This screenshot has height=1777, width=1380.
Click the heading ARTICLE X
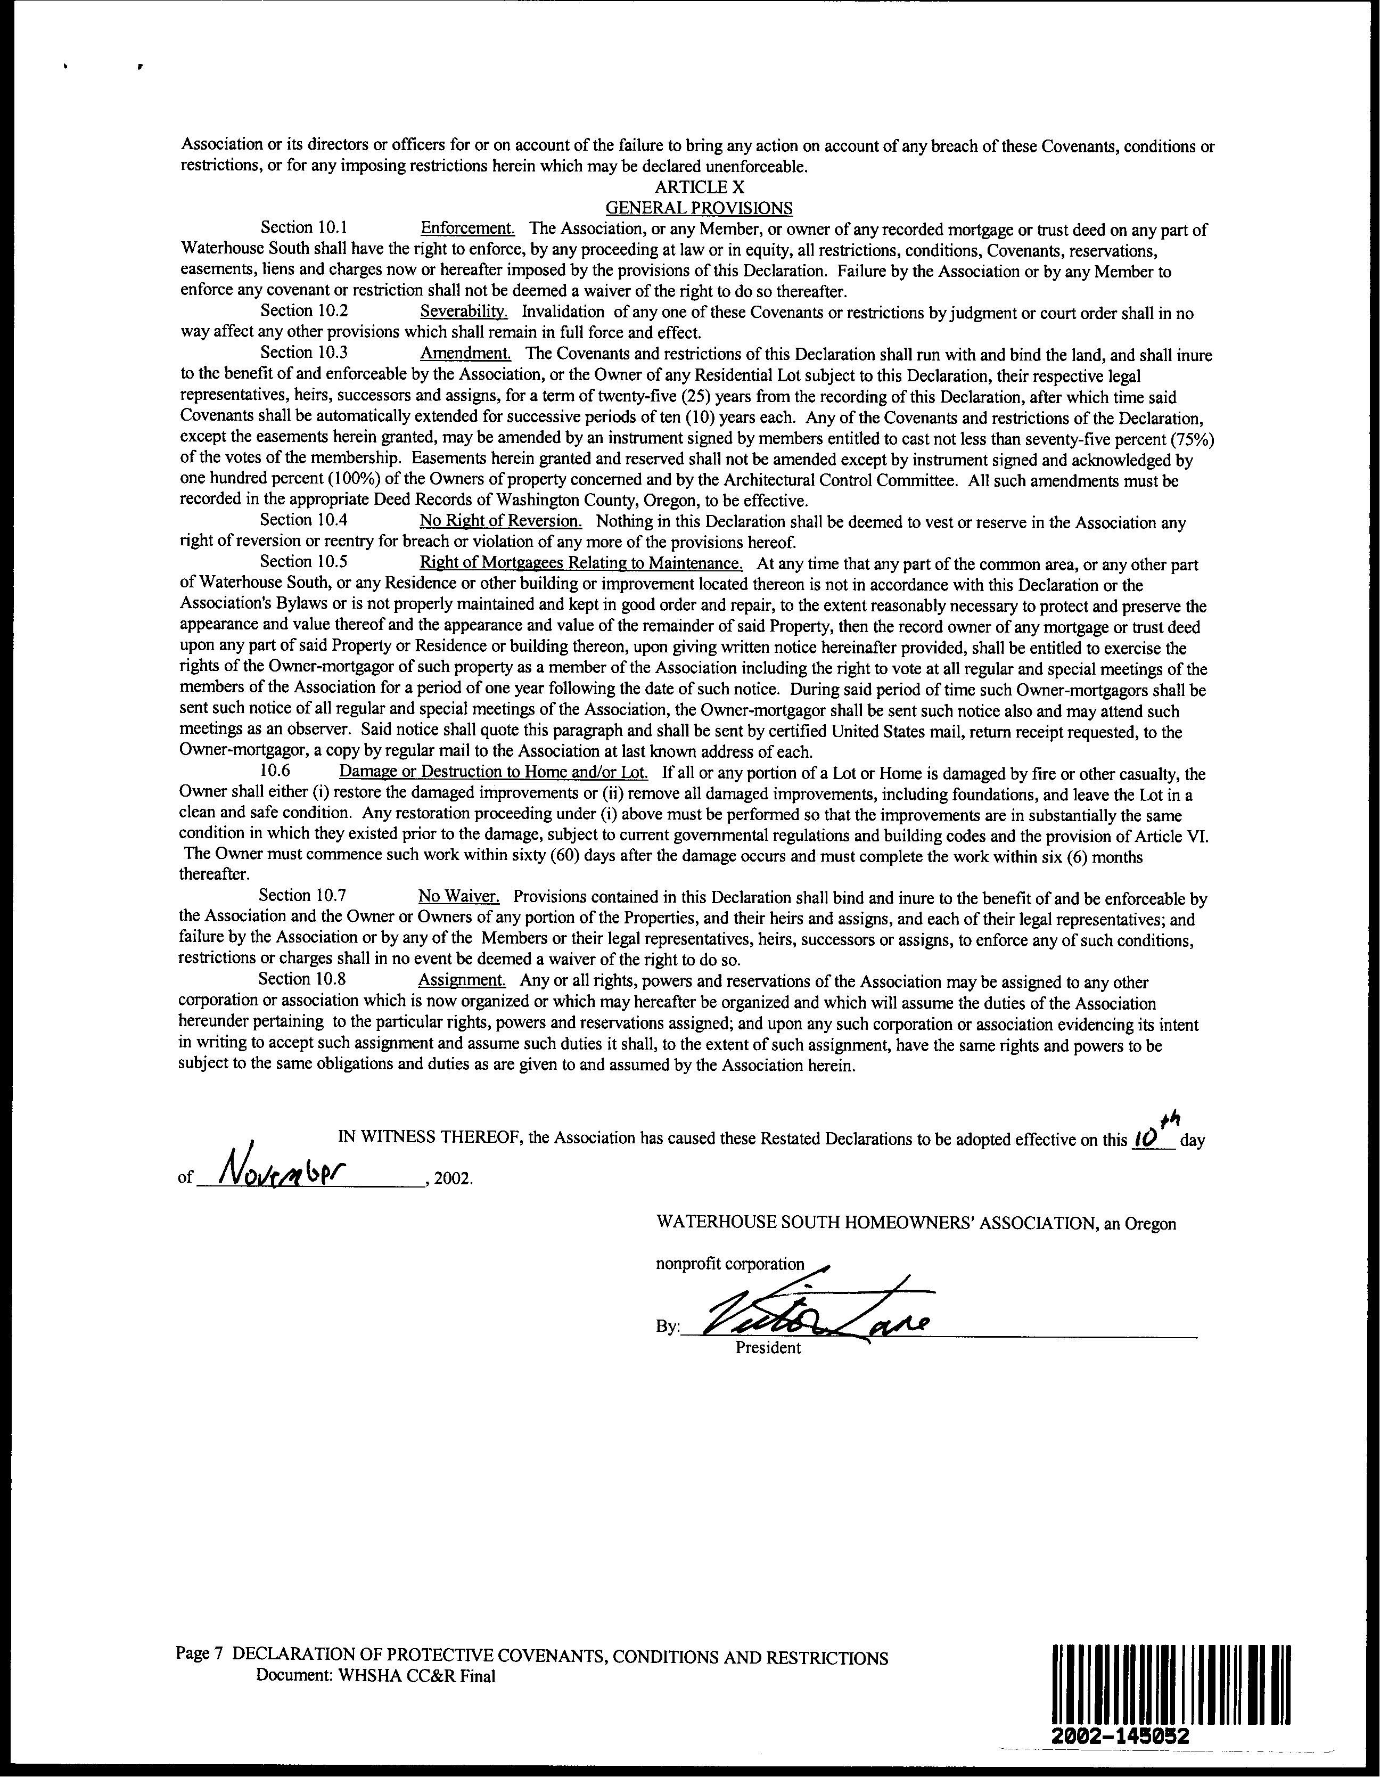[699, 187]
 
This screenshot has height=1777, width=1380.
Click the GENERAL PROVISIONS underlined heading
[699, 208]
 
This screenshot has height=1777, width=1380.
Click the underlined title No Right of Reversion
[500, 521]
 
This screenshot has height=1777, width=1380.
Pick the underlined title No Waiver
[458, 896]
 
